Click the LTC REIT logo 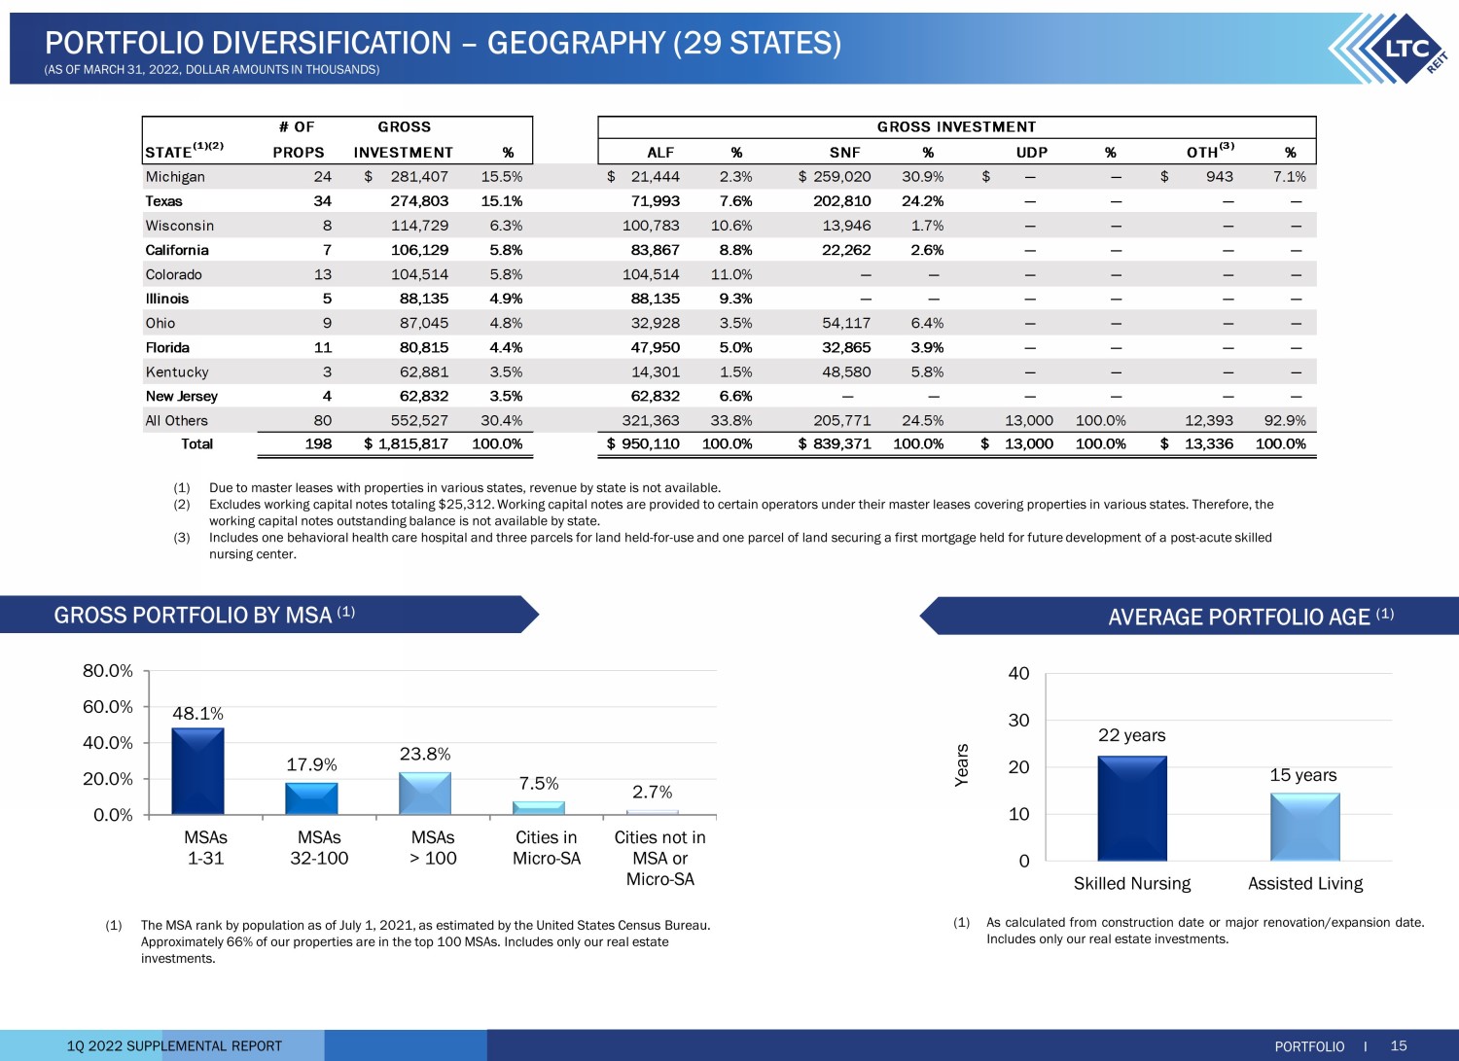coord(1391,49)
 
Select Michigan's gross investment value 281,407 coord(419,176)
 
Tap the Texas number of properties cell coord(322,201)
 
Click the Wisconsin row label coord(180,226)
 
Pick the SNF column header coord(845,153)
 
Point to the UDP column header coord(1032,153)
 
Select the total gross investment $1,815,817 coord(407,444)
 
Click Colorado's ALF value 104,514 coord(651,274)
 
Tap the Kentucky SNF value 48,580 coord(846,371)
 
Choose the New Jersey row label coord(182,396)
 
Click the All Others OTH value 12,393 coord(1209,421)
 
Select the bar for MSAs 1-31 coord(198,771)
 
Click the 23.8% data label coord(425,755)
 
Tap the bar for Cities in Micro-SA coord(539,808)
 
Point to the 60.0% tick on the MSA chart coord(107,707)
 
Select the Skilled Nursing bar coord(1132,808)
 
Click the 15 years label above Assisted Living coord(1302,775)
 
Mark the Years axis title coord(961,765)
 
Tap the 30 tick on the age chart coord(1018,721)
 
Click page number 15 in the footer coord(1399,1045)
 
